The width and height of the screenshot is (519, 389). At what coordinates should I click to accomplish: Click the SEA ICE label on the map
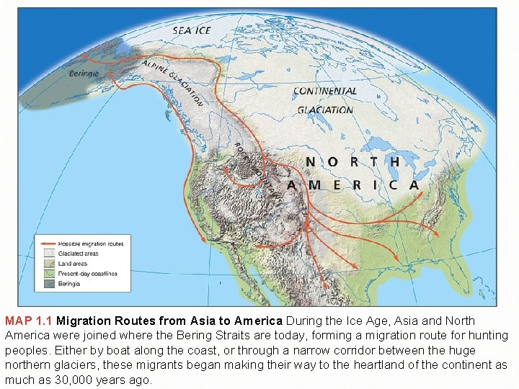(x=192, y=30)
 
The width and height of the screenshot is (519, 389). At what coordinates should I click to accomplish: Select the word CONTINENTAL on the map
(x=324, y=91)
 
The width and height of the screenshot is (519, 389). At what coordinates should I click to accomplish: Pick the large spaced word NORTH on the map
(x=352, y=162)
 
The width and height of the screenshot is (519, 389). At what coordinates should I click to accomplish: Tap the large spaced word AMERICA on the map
(x=353, y=184)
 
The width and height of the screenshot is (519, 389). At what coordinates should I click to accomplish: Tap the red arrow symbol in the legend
(x=48, y=244)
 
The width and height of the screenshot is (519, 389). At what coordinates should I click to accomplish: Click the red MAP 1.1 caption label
(x=29, y=321)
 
